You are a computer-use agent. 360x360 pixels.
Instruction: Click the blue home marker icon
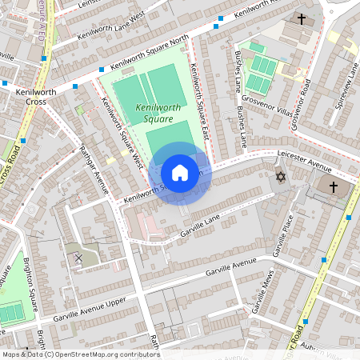[180, 173]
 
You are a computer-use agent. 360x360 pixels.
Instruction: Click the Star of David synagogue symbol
[280, 177]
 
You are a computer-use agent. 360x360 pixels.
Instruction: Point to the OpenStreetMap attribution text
[81, 354]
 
